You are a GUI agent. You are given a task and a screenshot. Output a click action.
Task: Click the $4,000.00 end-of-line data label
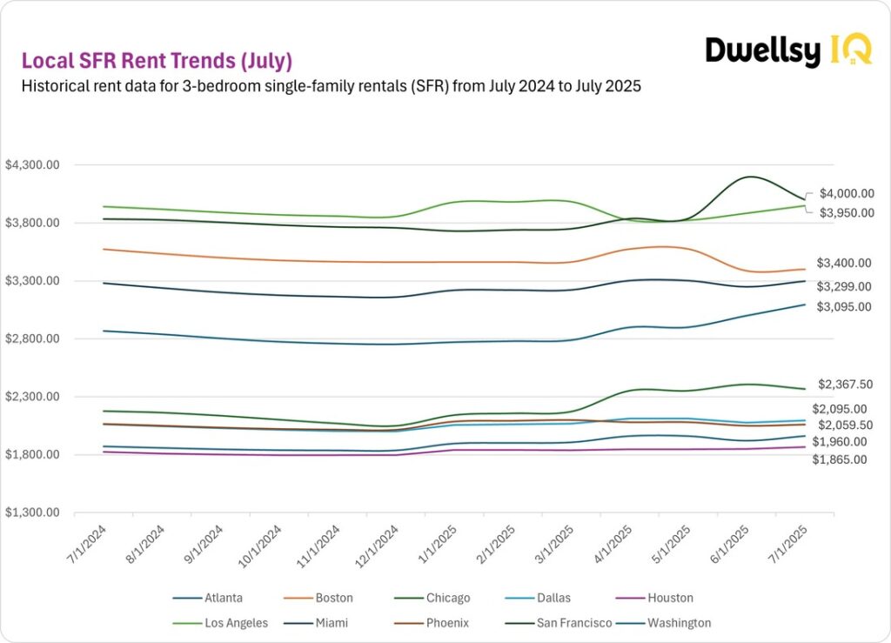coord(847,193)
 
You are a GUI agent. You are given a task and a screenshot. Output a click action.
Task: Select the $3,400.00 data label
coord(844,263)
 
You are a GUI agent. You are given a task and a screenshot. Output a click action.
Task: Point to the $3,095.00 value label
coord(844,307)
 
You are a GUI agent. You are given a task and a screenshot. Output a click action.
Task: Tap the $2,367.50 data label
coord(846,384)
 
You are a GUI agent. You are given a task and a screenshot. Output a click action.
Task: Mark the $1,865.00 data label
coord(840,459)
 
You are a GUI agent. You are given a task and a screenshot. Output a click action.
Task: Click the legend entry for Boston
coord(332,598)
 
